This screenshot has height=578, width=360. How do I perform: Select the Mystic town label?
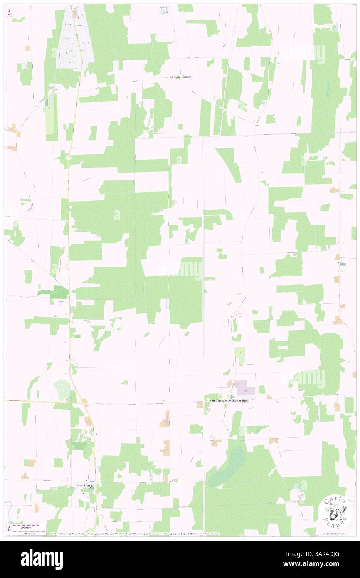(88, 485)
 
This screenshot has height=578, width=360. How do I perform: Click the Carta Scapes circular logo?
(335, 511)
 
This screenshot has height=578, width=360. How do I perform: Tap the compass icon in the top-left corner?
(9, 13)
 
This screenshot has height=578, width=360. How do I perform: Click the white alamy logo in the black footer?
(42, 559)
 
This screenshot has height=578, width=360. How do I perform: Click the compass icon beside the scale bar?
(9, 529)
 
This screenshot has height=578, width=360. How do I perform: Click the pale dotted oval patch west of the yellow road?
(62, 390)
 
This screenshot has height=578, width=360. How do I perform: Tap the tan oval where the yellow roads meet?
(85, 402)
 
